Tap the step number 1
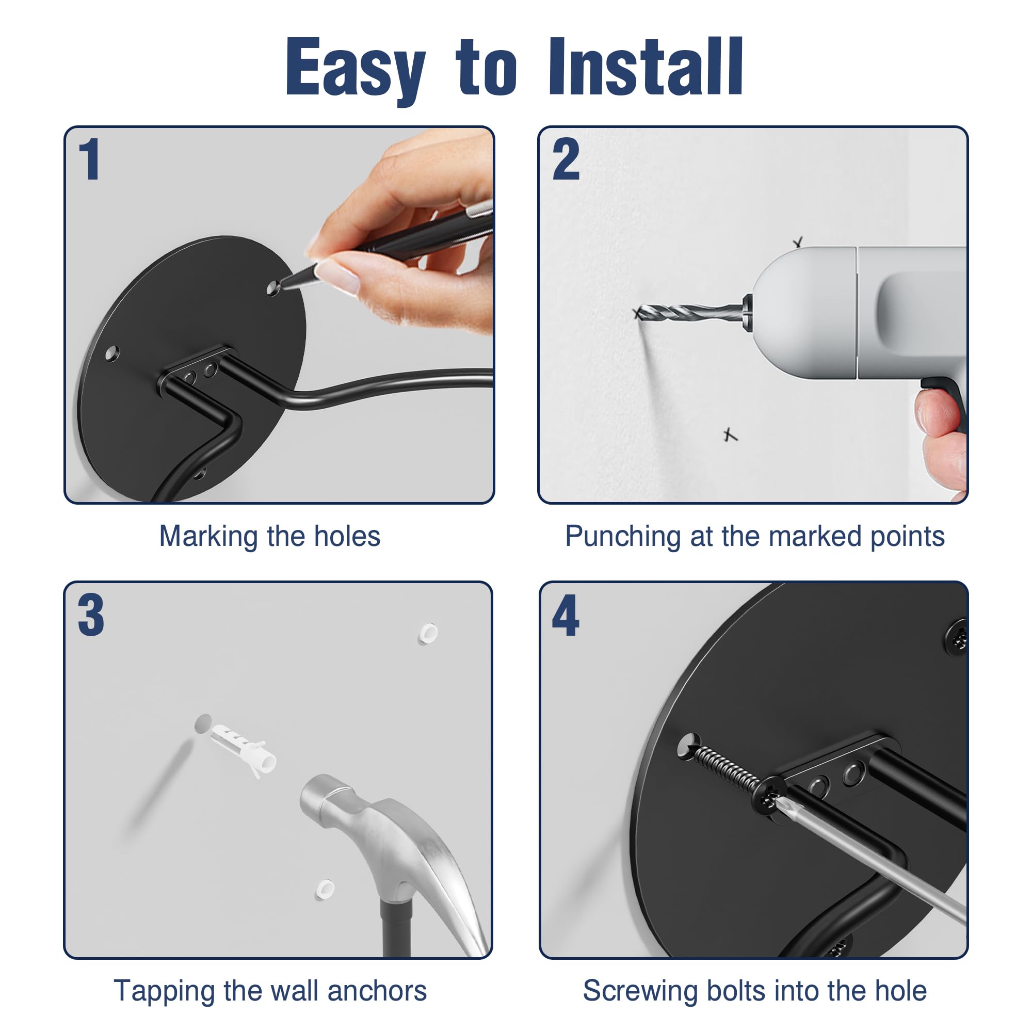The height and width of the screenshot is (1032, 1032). pos(90,158)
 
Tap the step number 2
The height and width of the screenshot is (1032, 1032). pos(566,158)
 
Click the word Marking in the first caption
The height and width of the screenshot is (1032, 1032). pos(208,537)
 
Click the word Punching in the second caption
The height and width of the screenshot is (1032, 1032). pos(623,537)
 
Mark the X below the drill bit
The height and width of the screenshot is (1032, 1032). pos(730,434)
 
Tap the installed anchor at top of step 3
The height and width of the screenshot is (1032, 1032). pos(427,633)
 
